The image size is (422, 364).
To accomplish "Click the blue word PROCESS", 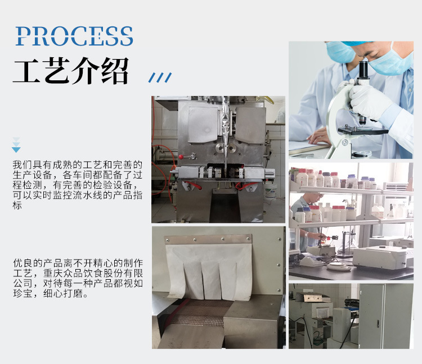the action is (x=74, y=36).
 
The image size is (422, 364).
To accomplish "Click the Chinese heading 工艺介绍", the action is (x=71, y=71).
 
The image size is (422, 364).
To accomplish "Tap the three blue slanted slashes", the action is (x=160, y=78).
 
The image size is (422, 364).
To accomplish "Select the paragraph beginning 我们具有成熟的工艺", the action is (x=78, y=185).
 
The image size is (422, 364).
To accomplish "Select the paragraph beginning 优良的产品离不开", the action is (x=78, y=278).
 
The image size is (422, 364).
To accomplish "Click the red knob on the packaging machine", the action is (x=181, y=157).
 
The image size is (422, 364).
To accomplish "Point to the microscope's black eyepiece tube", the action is (x=363, y=70).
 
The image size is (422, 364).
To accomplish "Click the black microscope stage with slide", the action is (x=363, y=130).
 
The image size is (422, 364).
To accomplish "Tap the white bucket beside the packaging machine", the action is (x=271, y=191).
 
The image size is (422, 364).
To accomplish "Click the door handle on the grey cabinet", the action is (x=378, y=324).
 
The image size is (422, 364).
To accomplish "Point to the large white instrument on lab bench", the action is (x=383, y=257).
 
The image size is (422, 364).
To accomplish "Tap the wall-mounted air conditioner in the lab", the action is (x=396, y=186).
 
